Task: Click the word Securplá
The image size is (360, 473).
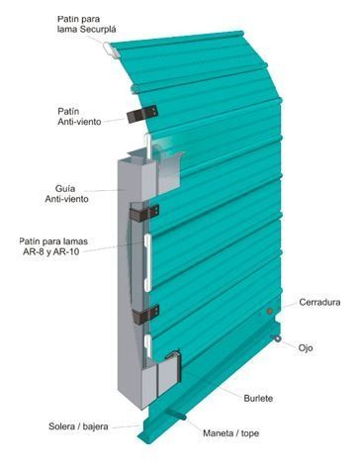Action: click(94, 29)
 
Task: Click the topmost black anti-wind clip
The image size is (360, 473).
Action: click(137, 114)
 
